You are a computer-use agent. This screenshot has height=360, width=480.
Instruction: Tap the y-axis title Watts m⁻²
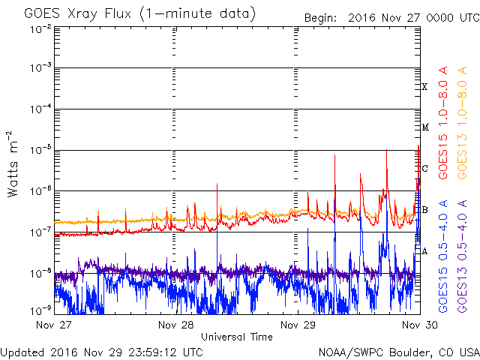pos(13,163)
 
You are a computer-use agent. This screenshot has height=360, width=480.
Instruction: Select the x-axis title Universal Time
pos(236,337)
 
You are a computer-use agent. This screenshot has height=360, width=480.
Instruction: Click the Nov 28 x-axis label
pos(176,325)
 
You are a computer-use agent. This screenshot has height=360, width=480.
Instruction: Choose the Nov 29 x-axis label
pos(298,325)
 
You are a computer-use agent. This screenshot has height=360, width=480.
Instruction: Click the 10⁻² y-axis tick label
pos(40,28)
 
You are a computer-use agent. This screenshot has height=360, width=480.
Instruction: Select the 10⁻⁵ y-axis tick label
pos(40,151)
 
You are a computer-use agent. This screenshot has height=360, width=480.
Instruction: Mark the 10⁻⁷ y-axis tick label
pos(40,232)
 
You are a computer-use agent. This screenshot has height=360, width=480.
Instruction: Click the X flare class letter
pos(424,88)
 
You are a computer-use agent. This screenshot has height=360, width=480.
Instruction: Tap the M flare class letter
pos(424,127)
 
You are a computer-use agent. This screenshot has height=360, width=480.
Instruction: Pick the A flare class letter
pos(424,251)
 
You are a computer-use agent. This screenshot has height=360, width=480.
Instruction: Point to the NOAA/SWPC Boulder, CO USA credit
pos(397,352)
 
